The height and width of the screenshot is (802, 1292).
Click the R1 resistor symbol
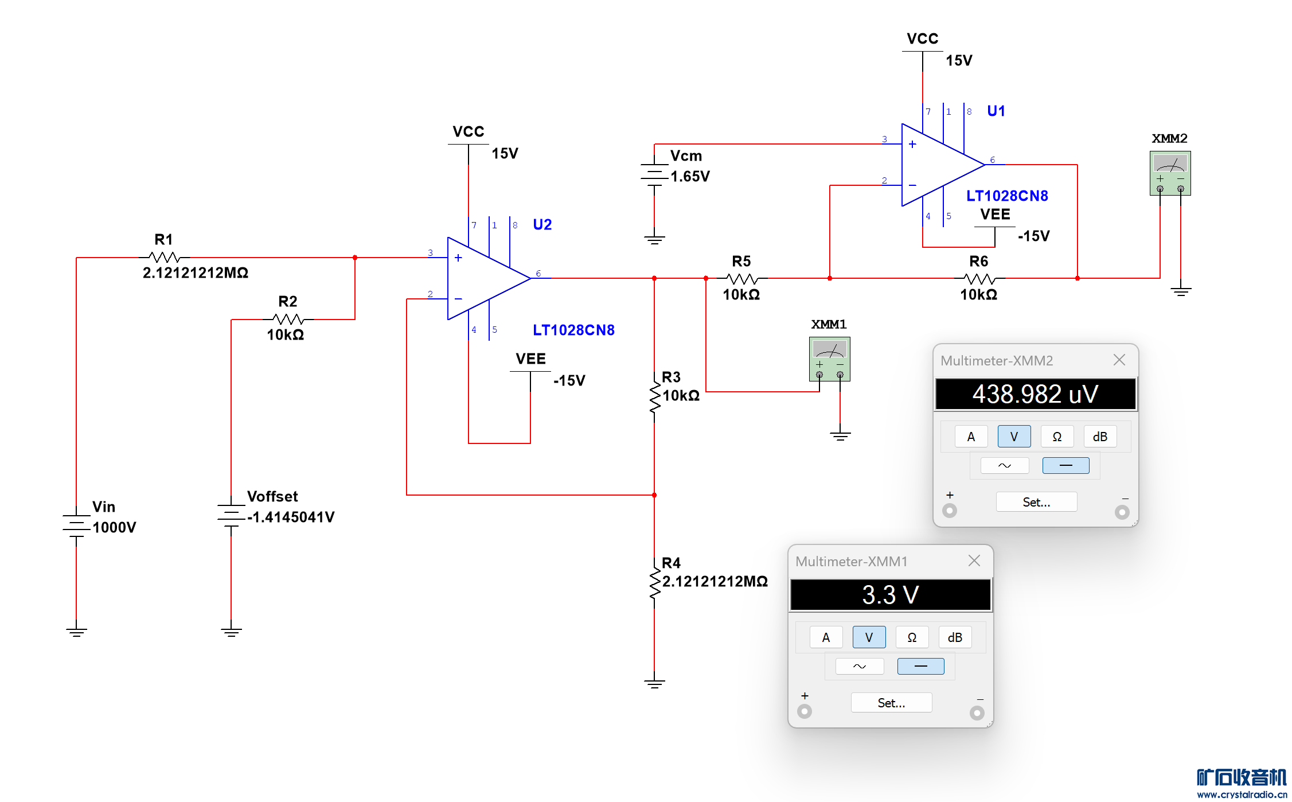pos(165,258)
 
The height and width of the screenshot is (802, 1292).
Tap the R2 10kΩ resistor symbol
pos(288,319)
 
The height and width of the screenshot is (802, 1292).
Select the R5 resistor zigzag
pos(742,279)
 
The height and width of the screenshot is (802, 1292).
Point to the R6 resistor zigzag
pos(979,279)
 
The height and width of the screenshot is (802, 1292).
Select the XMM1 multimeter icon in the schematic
pos(829,359)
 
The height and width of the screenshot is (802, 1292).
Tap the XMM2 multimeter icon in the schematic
pos(1170,173)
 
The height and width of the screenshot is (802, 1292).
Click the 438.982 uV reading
pos(1035,394)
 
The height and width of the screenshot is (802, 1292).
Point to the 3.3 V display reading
pos(890,595)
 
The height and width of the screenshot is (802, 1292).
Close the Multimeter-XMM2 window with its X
pos(1119,360)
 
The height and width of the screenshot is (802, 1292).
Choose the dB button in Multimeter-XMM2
pos(1099,437)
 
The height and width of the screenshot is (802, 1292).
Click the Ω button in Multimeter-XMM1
pos(912,637)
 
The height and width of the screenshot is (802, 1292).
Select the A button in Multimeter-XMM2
pos(971,437)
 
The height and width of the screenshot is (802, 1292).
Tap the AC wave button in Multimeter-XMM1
pos(859,666)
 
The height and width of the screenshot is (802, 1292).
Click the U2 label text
pos(542,224)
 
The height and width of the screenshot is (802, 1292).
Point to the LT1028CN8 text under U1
pos(1007,196)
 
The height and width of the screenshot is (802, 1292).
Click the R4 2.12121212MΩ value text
pos(715,581)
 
